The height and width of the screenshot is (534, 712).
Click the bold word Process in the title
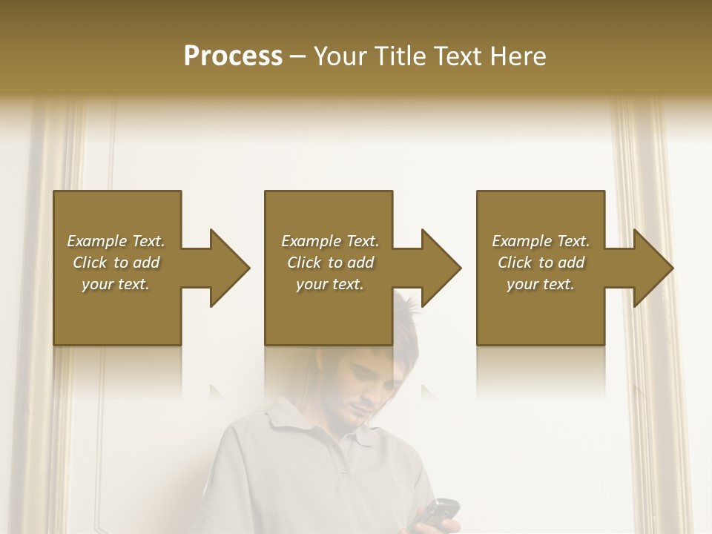(233, 56)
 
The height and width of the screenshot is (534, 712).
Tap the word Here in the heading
(517, 56)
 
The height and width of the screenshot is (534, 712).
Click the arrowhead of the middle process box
(440, 268)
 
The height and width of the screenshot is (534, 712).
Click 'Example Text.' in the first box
(116, 241)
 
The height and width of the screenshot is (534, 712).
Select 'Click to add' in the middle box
(330, 263)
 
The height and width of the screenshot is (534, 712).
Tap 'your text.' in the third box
(541, 284)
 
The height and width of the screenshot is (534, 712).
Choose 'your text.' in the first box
(116, 284)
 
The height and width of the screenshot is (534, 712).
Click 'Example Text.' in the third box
(541, 241)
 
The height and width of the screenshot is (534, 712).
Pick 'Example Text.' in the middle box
(330, 241)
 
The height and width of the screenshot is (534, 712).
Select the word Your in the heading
(340, 56)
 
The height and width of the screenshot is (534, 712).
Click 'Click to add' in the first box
(116, 263)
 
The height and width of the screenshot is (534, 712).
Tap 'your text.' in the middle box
(330, 284)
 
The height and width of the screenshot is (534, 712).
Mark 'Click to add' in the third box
(541, 263)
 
